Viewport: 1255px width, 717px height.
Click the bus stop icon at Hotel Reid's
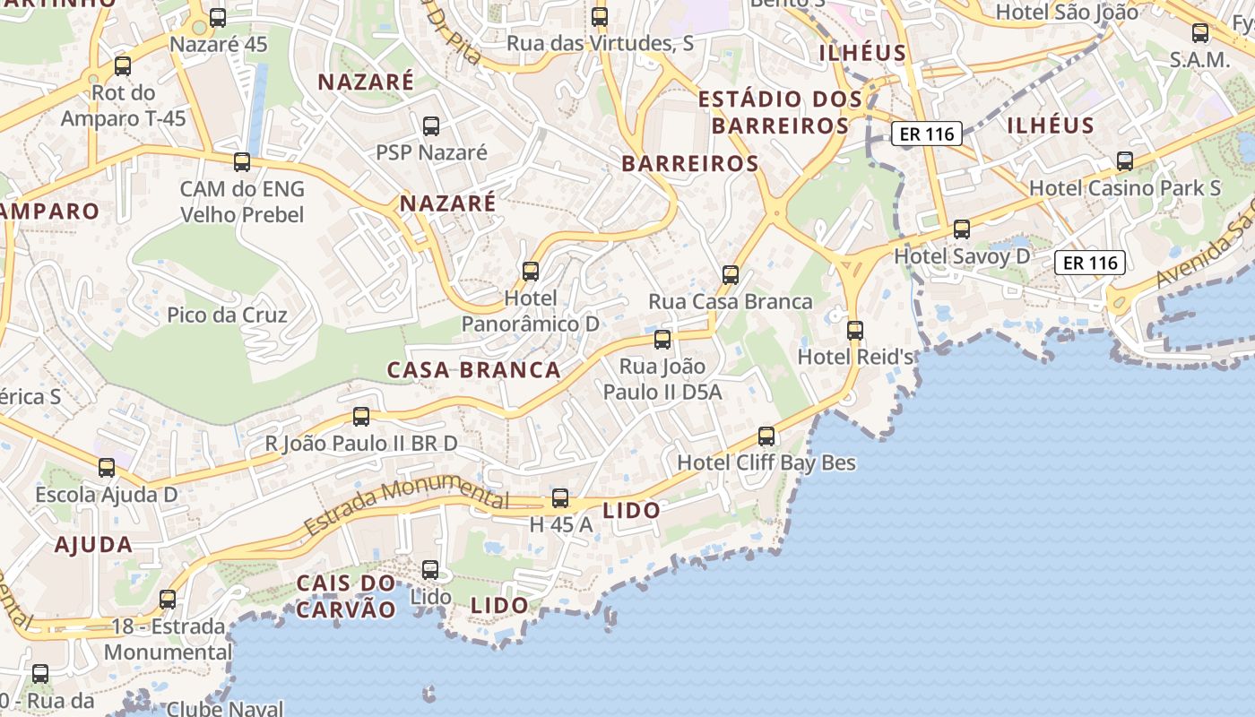coord(855,330)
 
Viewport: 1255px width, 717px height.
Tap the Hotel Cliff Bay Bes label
coord(766,462)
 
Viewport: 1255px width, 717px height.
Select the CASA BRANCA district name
coord(473,370)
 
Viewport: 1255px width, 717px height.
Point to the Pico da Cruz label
coord(227,315)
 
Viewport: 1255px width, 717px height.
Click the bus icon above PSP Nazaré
coord(431,125)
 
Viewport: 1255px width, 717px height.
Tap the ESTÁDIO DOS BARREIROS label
coord(780,112)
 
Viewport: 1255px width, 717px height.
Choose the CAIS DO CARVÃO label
coord(346,596)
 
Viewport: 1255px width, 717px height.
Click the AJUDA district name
coord(93,544)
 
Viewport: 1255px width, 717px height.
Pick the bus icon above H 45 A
coord(560,498)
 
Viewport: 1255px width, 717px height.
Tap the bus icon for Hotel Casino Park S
coord(1125,161)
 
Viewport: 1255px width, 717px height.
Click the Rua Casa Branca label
coord(731,301)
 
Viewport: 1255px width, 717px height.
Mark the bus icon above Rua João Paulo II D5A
coord(662,339)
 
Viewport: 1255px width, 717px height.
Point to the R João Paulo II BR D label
coord(360,444)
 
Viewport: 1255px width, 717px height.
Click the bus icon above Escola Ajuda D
coord(107,467)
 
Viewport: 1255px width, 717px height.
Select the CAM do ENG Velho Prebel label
coord(242,202)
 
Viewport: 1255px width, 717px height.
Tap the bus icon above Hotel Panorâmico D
coord(531,271)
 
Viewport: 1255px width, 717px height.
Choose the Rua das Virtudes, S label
coord(600,43)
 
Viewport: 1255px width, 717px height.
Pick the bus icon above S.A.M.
coord(1200,33)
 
